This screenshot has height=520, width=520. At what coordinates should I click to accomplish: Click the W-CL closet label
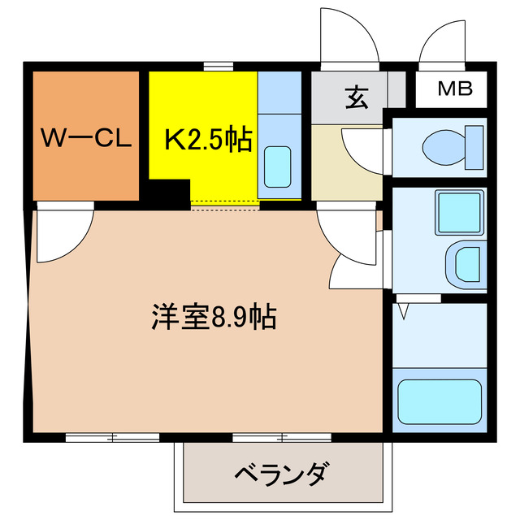click(87, 139)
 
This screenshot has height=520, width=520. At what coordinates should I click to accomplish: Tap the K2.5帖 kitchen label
click(208, 140)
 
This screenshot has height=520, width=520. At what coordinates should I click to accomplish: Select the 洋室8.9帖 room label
click(214, 315)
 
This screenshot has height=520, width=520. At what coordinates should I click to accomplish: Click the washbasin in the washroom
click(466, 266)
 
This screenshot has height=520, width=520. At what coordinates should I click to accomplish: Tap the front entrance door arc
click(349, 37)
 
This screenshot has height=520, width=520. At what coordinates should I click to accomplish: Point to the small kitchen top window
click(214, 66)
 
